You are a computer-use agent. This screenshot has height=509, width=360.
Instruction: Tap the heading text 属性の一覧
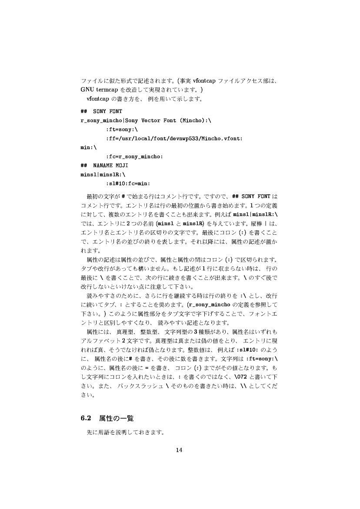click(116, 419)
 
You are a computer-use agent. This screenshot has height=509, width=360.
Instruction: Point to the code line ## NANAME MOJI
click(104, 165)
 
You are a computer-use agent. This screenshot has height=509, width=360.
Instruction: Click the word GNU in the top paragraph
click(88, 90)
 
